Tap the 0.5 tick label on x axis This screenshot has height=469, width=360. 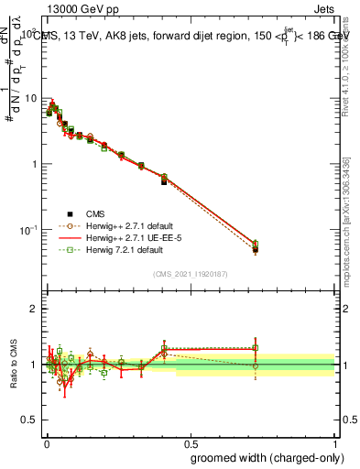pyautogui.click(x=191, y=442)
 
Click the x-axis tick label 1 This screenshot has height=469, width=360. pyautogui.click(x=336, y=442)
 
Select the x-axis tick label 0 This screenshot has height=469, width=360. pyautogui.click(x=47, y=442)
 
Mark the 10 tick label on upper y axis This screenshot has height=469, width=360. pyautogui.click(x=30, y=98)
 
